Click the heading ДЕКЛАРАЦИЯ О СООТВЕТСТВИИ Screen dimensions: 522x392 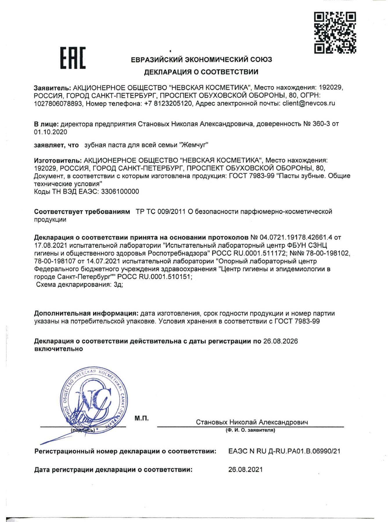(x=201, y=72)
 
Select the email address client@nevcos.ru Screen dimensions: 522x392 (x=309, y=103)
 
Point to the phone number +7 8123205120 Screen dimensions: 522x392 (x=168, y=103)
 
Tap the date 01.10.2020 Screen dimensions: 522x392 (x=51, y=132)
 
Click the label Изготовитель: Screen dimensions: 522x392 (x=57, y=160)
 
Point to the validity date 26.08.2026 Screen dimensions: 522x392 (x=280, y=341)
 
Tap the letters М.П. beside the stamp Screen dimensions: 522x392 (x=141, y=418)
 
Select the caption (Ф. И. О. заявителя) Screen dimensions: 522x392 (x=250, y=430)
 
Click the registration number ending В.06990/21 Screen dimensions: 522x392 (x=284, y=451)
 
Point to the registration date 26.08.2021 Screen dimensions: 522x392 (x=245, y=469)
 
